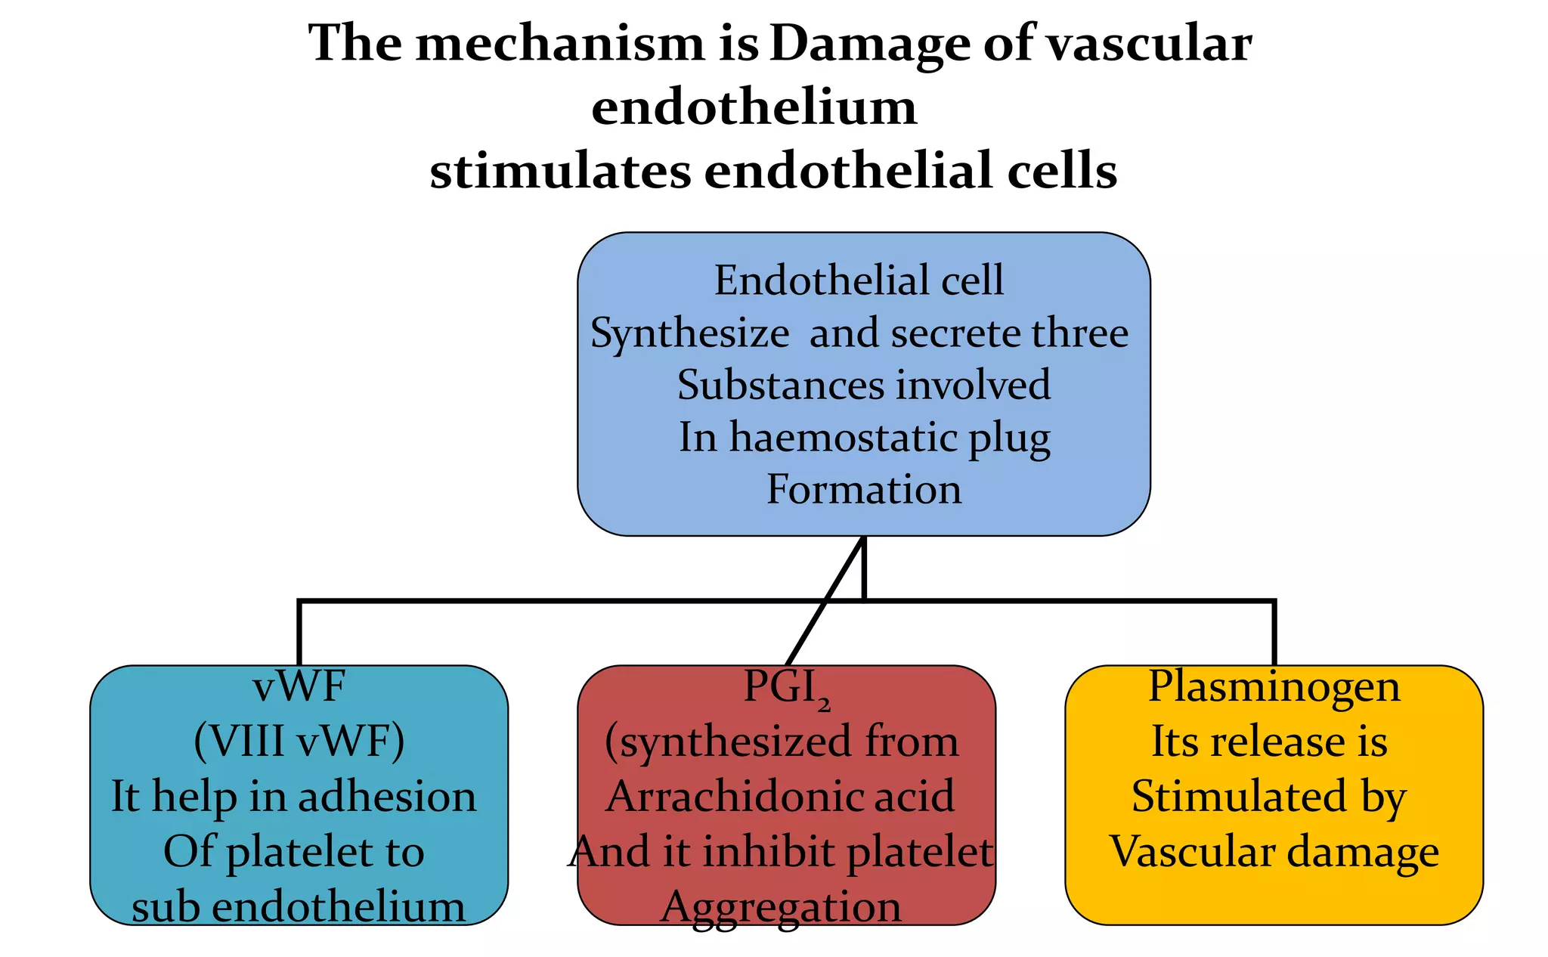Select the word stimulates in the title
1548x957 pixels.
click(560, 171)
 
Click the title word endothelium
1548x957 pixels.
click(754, 107)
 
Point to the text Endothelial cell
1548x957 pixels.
click(859, 280)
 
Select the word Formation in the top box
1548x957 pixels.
click(863, 489)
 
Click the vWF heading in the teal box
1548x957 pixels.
click(299, 686)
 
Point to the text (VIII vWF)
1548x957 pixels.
click(299, 741)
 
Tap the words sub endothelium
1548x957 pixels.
click(299, 906)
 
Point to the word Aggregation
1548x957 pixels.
click(781, 906)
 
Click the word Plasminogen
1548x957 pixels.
click(1274, 686)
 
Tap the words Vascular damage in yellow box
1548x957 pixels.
click(1274, 851)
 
